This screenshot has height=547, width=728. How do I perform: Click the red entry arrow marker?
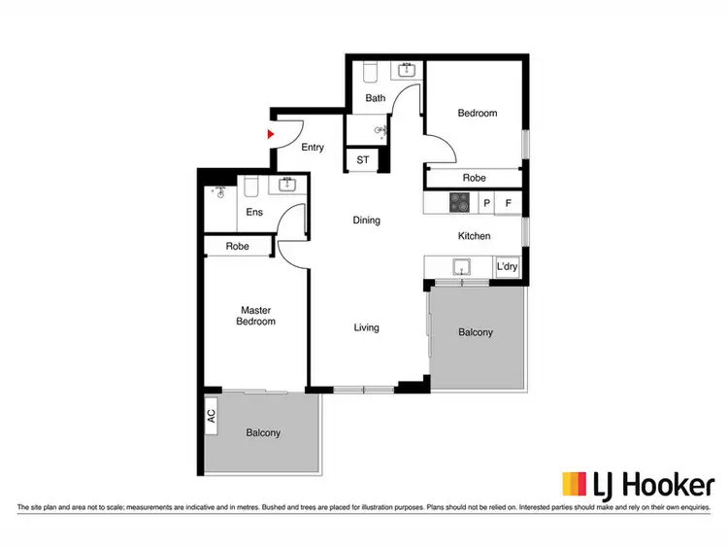[x=272, y=135]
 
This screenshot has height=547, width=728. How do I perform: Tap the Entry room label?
[x=313, y=148]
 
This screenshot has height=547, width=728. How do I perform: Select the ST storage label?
[x=363, y=160]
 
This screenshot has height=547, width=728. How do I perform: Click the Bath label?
[x=376, y=98]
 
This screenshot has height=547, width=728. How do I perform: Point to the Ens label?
[x=254, y=212]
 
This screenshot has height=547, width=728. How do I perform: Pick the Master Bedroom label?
[x=257, y=316]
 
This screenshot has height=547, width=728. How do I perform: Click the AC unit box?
[x=211, y=415]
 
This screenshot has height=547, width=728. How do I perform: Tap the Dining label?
[x=366, y=221]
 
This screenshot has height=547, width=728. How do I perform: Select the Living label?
[x=366, y=327]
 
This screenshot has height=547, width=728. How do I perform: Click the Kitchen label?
[x=474, y=236]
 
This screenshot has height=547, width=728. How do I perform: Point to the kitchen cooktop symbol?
[x=459, y=203]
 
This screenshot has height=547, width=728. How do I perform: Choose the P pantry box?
[x=486, y=204]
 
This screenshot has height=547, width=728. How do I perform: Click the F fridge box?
[x=509, y=204]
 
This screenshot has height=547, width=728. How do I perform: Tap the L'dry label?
[x=507, y=266]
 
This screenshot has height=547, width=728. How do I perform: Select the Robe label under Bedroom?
[x=474, y=178]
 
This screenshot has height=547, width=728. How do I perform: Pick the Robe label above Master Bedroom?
[x=238, y=247]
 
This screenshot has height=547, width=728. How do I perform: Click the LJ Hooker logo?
[x=638, y=484]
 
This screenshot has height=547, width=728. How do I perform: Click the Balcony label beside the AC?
[x=263, y=432]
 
